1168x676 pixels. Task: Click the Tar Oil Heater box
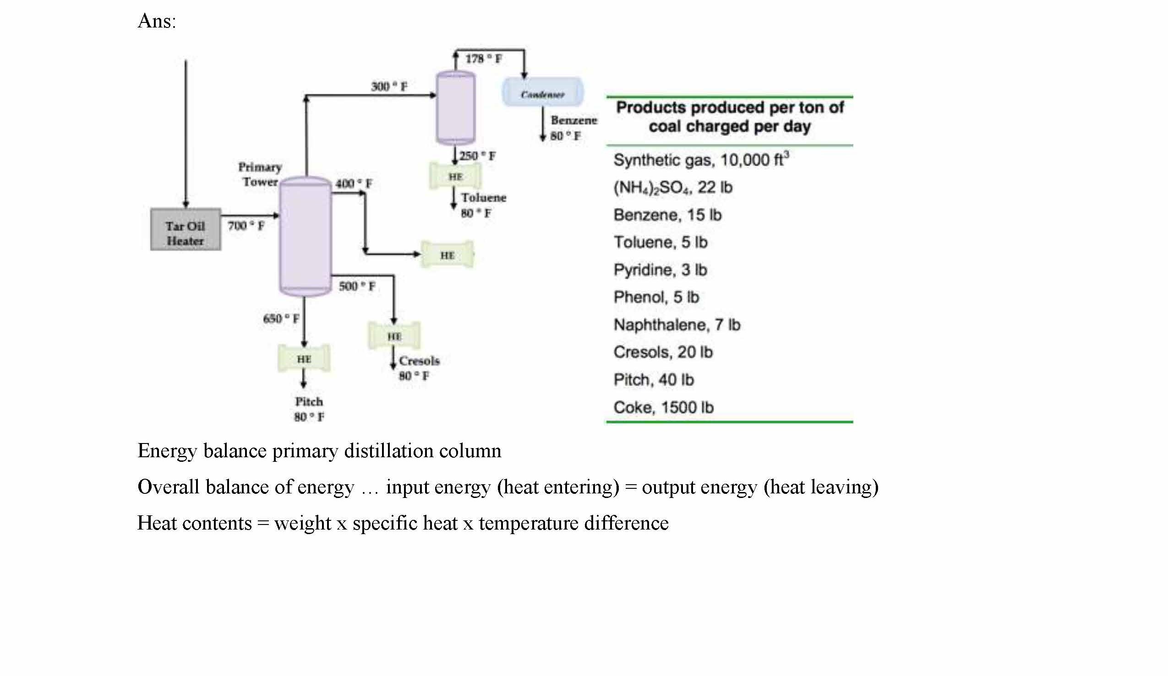click(186, 230)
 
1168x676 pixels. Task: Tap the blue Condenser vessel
click(543, 92)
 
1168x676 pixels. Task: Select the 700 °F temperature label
click(246, 226)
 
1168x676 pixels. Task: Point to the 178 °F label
click(483, 59)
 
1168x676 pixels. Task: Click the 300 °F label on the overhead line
click(389, 87)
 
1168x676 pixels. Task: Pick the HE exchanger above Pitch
click(304, 359)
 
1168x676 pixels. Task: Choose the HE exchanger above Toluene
click(455, 176)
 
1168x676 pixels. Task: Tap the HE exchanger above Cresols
click(394, 335)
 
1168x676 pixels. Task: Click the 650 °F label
click(281, 319)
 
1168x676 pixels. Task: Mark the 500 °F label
click(356, 286)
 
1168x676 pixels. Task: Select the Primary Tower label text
click(260, 174)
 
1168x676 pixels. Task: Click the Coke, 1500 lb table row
click(663, 407)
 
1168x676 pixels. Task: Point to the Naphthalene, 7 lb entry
click(677, 325)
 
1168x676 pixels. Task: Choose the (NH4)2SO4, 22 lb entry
click(672, 188)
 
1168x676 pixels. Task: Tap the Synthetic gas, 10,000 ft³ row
click(701, 160)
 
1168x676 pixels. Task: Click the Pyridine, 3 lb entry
click(660, 270)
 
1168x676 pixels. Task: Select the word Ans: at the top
click(157, 21)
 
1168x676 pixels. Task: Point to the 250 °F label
click(477, 156)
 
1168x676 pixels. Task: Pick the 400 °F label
click(354, 184)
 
